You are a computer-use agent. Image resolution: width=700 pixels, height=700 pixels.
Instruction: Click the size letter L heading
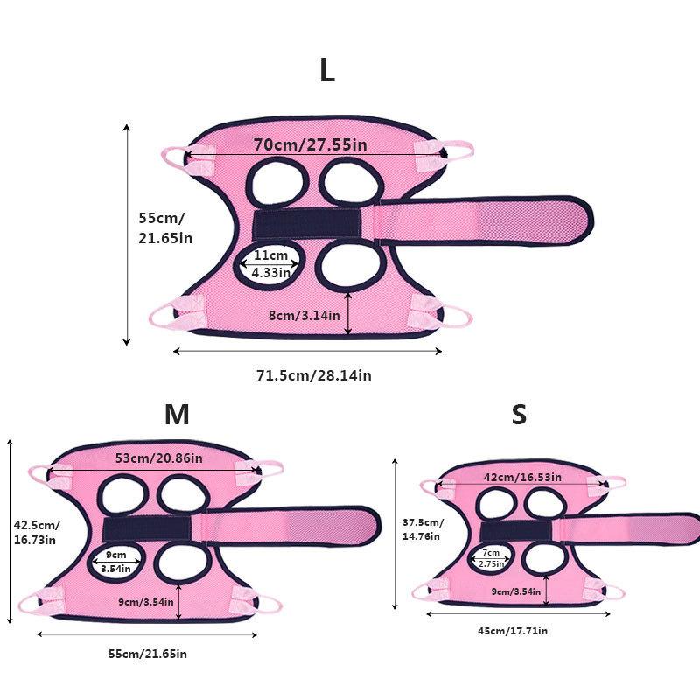(327, 70)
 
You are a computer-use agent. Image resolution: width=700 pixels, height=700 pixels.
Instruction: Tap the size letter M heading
(178, 414)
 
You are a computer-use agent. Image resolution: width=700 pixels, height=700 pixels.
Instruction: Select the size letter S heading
(519, 414)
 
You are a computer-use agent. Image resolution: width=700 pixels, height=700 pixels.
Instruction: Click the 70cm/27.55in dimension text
(311, 144)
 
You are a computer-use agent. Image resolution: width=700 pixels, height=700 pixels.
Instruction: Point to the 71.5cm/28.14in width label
(314, 375)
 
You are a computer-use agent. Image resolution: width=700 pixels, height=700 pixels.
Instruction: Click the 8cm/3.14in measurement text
(304, 316)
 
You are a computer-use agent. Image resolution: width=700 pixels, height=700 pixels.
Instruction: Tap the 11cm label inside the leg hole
(270, 255)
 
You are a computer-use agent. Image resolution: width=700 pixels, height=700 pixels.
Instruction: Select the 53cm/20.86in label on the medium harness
(159, 458)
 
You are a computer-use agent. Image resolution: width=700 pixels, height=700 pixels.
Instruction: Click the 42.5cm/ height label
(37, 525)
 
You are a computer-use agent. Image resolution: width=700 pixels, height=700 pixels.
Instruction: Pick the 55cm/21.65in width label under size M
(148, 654)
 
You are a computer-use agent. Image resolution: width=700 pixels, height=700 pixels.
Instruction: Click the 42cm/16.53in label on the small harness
(522, 477)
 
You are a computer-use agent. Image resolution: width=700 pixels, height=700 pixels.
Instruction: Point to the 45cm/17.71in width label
(513, 631)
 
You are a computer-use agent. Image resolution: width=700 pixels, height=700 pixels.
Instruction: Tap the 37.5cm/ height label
(423, 522)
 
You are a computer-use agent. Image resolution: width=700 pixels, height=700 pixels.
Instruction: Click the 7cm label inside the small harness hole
(491, 553)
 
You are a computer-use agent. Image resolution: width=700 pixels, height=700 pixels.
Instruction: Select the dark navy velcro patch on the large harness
(307, 224)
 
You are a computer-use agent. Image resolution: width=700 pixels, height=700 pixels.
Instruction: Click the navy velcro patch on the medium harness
(147, 529)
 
